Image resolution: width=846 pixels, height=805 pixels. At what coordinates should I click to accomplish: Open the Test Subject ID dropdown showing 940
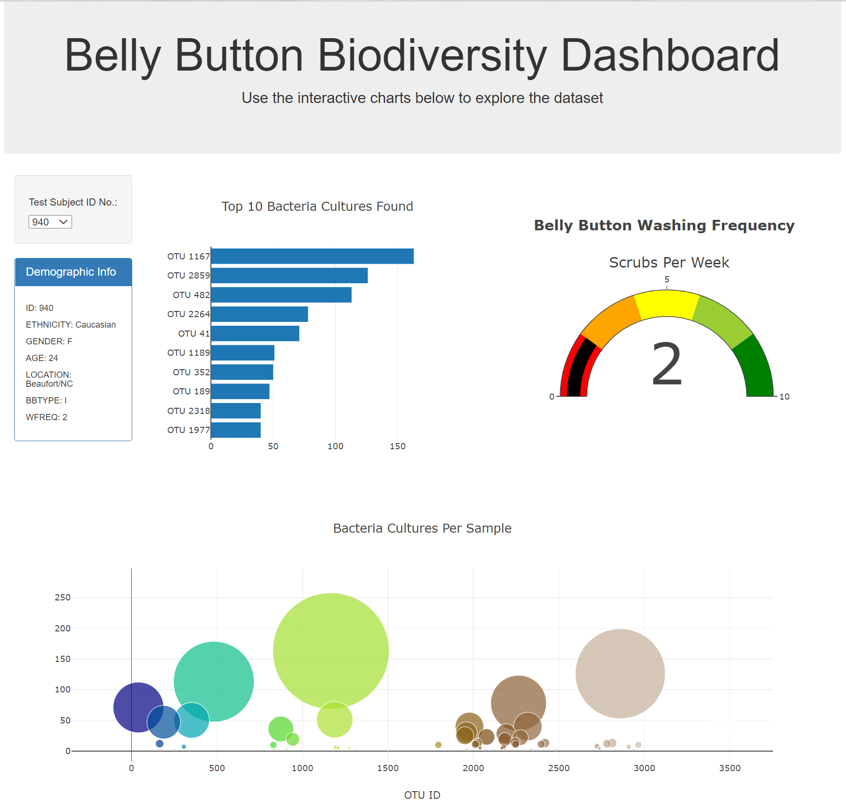coord(50,222)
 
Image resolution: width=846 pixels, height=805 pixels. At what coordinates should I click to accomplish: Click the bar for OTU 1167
coord(312,256)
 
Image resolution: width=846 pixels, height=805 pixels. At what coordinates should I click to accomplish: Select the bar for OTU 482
coord(281,295)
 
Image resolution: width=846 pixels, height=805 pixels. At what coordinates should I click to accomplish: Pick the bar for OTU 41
coord(255,333)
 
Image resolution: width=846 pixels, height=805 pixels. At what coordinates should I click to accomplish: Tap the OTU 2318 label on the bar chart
coord(188,411)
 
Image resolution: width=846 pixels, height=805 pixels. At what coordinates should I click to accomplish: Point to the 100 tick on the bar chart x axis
coord(335,446)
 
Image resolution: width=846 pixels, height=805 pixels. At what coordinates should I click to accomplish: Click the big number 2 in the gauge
coord(667,364)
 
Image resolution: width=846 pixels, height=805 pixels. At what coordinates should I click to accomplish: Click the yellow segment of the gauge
coord(667,303)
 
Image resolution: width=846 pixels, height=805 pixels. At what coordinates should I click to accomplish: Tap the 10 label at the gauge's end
coord(784,397)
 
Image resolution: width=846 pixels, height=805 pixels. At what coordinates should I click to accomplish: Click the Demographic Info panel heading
coord(71,272)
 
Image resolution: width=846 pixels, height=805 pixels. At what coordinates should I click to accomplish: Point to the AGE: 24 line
coord(42,358)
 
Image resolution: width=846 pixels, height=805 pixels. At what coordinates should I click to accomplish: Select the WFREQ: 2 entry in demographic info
coord(46,417)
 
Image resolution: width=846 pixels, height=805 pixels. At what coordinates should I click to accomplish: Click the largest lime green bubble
coord(331,650)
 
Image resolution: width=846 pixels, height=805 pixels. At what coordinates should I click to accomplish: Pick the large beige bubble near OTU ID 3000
coord(620,673)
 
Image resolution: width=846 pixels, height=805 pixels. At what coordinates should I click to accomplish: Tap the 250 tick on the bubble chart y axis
coord(63,598)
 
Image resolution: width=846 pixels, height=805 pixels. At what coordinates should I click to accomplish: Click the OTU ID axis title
coord(422,795)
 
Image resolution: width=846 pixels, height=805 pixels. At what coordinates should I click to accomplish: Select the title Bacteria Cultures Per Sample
coord(422,528)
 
